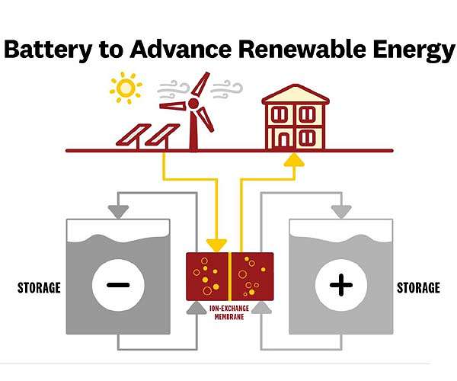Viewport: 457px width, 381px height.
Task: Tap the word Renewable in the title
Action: tap(290, 50)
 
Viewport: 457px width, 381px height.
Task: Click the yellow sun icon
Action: tap(126, 89)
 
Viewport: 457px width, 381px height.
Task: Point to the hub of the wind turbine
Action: tap(193, 103)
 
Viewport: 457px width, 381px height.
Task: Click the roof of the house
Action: tap(295, 94)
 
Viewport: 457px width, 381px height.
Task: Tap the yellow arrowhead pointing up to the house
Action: tap(292, 160)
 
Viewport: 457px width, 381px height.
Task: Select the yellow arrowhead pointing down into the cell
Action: tap(216, 245)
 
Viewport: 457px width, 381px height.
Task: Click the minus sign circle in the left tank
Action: tap(117, 285)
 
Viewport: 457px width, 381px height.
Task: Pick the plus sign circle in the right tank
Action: tap(340, 285)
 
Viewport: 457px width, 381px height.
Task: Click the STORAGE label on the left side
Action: tap(39, 288)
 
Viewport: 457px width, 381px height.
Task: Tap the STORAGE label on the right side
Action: tap(418, 288)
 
